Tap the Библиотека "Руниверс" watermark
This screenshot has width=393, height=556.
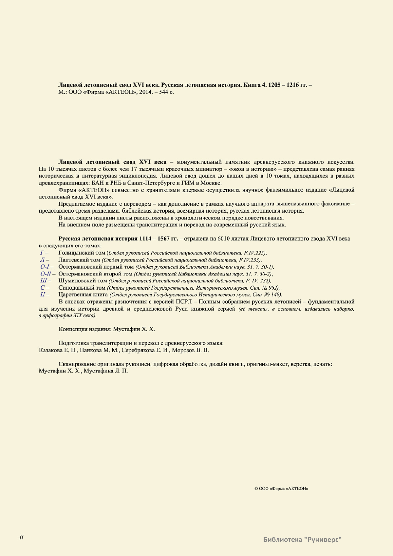pyautogui.click(x=302, y=539)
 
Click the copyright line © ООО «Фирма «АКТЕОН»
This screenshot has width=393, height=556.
pyautogui.click(x=281, y=489)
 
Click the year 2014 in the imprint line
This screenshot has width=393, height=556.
pyautogui.click(x=145, y=92)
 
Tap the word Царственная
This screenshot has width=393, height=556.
pyautogui.click(x=73, y=295)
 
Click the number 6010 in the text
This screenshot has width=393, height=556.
pyautogui.click(x=223, y=239)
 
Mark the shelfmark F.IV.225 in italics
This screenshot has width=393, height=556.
pyautogui.click(x=254, y=253)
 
